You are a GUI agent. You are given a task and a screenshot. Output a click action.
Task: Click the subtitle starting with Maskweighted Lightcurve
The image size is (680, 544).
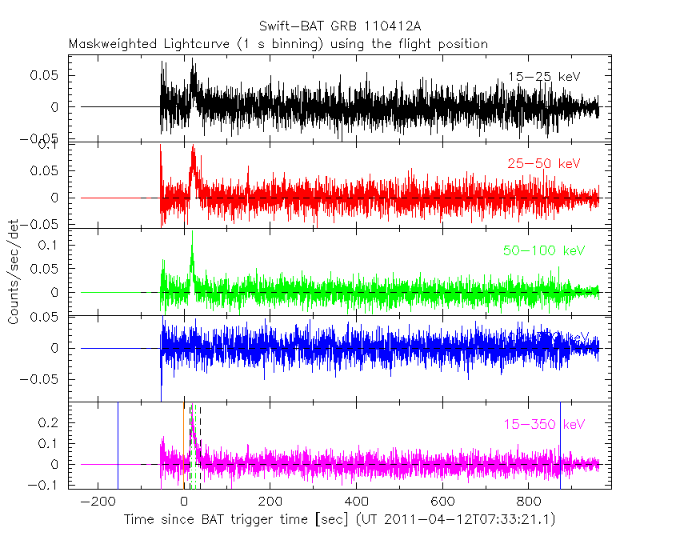tap(278, 44)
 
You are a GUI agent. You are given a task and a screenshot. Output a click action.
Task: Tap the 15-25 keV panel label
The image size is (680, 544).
tap(543, 77)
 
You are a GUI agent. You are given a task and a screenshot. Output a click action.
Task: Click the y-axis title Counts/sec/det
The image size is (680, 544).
tap(14, 272)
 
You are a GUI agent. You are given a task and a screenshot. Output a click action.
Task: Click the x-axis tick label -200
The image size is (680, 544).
tap(95, 502)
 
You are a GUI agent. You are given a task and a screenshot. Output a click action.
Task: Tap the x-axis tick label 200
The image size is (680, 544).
tap(270, 502)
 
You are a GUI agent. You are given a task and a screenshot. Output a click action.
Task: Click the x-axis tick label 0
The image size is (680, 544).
tap(185, 502)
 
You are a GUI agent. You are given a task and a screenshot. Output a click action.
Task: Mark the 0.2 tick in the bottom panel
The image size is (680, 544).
tap(52, 422)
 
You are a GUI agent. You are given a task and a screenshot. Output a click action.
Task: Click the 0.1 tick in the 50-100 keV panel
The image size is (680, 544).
tap(52, 245)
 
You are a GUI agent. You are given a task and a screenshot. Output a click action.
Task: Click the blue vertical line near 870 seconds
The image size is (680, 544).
tap(560, 445)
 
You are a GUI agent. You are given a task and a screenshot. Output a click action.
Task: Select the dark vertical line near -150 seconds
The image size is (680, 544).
tap(118, 445)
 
